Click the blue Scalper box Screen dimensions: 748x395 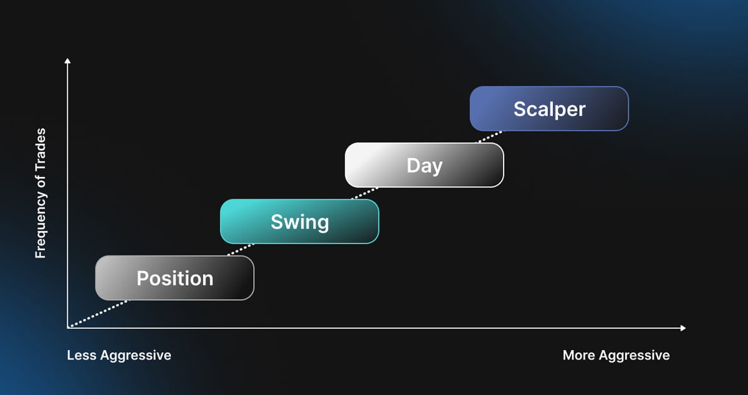point(549,108)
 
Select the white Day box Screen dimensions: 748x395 point(424,165)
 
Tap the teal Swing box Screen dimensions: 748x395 point(300,221)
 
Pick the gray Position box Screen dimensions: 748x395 point(175,278)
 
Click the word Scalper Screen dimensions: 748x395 point(549,109)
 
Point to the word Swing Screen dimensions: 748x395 point(300,222)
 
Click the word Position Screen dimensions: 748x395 point(175,278)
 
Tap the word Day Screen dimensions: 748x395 point(424,166)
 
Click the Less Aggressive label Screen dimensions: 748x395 point(119,356)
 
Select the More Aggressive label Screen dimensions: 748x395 point(616,356)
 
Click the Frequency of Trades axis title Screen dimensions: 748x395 point(41,193)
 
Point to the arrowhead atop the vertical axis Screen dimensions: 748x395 point(67,60)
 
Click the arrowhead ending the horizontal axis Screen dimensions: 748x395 point(683,328)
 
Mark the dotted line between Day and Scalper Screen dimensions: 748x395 point(490,137)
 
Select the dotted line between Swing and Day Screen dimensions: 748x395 point(365,193)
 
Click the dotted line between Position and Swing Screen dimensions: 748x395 point(241,250)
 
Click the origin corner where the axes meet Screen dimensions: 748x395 point(68,328)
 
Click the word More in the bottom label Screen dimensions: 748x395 point(578,355)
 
